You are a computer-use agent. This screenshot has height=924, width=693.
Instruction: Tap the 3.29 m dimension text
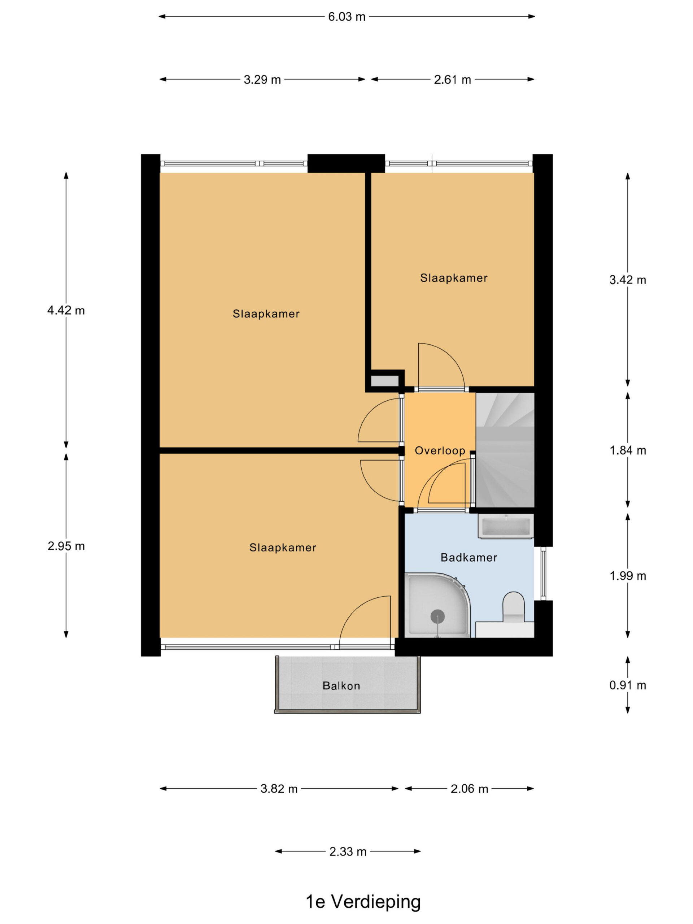tap(262, 79)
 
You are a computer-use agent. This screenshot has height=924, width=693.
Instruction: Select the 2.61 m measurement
tap(452, 79)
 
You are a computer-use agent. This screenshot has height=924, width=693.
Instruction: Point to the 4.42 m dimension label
tap(66, 310)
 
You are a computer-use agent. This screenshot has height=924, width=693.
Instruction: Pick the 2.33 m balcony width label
tap(348, 851)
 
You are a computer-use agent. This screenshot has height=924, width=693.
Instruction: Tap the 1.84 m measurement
tap(627, 450)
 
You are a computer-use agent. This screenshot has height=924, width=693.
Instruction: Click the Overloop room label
tap(440, 451)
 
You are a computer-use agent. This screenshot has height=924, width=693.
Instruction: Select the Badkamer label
tap(469, 557)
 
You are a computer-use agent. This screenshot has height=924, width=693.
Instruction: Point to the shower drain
tap(437, 616)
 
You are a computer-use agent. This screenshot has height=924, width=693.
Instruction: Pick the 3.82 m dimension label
tap(279, 789)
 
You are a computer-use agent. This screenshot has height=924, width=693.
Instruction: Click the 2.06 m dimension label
tap(469, 789)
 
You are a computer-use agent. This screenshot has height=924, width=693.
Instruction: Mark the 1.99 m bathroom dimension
tap(627, 576)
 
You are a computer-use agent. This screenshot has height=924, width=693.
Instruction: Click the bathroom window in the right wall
tap(543, 574)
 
